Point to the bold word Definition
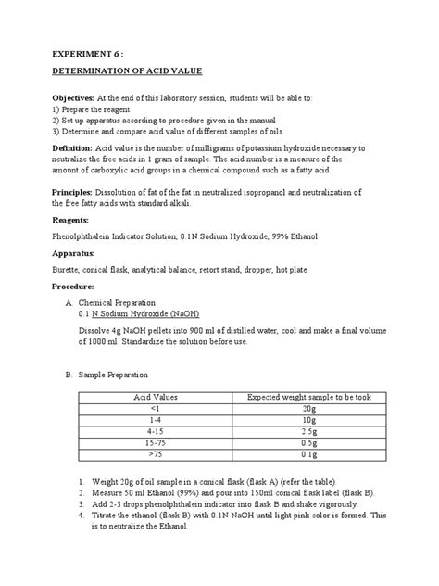pos(77,148)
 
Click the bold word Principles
pos(78,191)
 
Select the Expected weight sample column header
pos(308,397)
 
